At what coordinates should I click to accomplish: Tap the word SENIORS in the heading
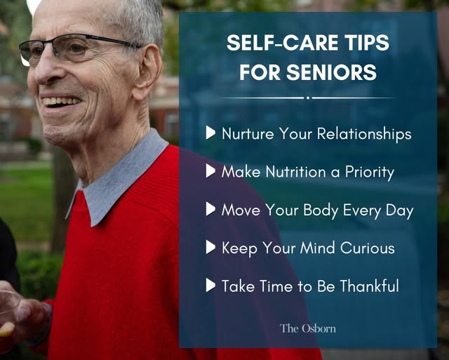tap(331, 72)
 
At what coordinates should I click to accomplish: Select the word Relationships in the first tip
tap(364, 134)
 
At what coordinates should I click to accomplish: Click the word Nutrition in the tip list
tap(296, 172)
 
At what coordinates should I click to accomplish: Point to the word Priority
tap(370, 173)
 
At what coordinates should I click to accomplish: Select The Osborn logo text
tap(308, 328)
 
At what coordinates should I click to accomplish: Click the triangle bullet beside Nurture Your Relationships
tap(210, 133)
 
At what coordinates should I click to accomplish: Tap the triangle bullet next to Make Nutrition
tap(210, 171)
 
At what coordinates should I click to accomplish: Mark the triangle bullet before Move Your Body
tap(210, 209)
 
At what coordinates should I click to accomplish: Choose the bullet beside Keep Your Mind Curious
tap(210, 247)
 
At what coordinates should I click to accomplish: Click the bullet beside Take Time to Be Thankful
tap(210, 285)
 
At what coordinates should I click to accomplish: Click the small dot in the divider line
tap(308, 98)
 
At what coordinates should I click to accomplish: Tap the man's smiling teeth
tap(61, 101)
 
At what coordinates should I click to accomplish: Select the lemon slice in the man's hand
tap(6, 329)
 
